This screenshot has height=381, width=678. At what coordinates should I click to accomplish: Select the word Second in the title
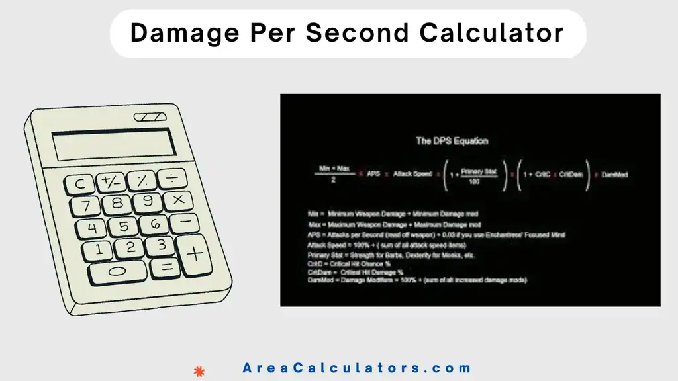[x=351, y=32]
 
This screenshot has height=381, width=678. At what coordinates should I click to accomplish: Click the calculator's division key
[x=173, y=177]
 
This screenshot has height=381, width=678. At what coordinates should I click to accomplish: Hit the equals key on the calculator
[x=166, y=267]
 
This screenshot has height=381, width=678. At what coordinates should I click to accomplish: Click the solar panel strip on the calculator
[x=150, y=118]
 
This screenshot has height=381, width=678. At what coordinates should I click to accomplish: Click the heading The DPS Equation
[x=452, y=140]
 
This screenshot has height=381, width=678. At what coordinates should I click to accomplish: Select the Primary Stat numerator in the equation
[x=479, y=171]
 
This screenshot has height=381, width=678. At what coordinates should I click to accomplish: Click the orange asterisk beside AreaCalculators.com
[x=198, y=370]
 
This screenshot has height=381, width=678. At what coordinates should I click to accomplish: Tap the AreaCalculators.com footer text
[x=357, y=368]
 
